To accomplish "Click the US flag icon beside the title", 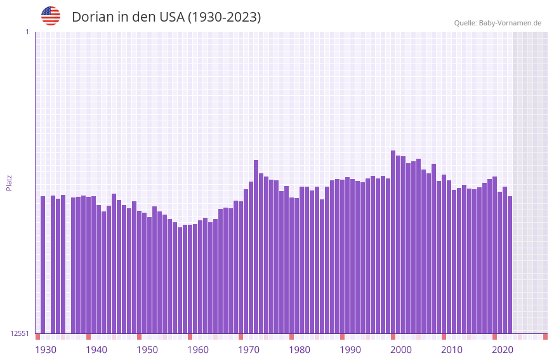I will [x=51, y=16].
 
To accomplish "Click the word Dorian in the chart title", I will [x=91, y=17].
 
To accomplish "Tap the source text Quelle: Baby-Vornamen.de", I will [x=498, y=23].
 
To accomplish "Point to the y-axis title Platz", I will [x=9, y=183].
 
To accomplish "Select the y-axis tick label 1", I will [x=27, y=32].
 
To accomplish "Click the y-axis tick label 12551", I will [x=19, y=333].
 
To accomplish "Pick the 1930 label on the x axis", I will [x=46, y=350].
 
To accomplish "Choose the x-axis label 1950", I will [x=147, y=350].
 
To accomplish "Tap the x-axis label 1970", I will [x=249, y=350].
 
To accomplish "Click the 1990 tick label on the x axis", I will [x=350, y=350].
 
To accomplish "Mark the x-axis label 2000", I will [x=401, y=350].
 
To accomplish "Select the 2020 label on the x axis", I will [x=503, y=350].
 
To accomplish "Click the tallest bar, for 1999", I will [x=393, y=241].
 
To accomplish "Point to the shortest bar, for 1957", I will [x=180, y=280].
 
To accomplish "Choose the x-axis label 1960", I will [x=198, y=350].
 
